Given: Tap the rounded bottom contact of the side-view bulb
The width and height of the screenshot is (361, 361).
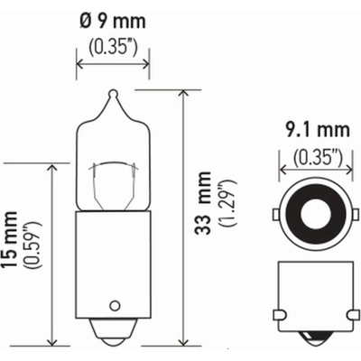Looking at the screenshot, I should tap(112, 340).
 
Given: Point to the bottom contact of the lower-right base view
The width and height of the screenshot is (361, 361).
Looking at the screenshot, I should tap(312, 341).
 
